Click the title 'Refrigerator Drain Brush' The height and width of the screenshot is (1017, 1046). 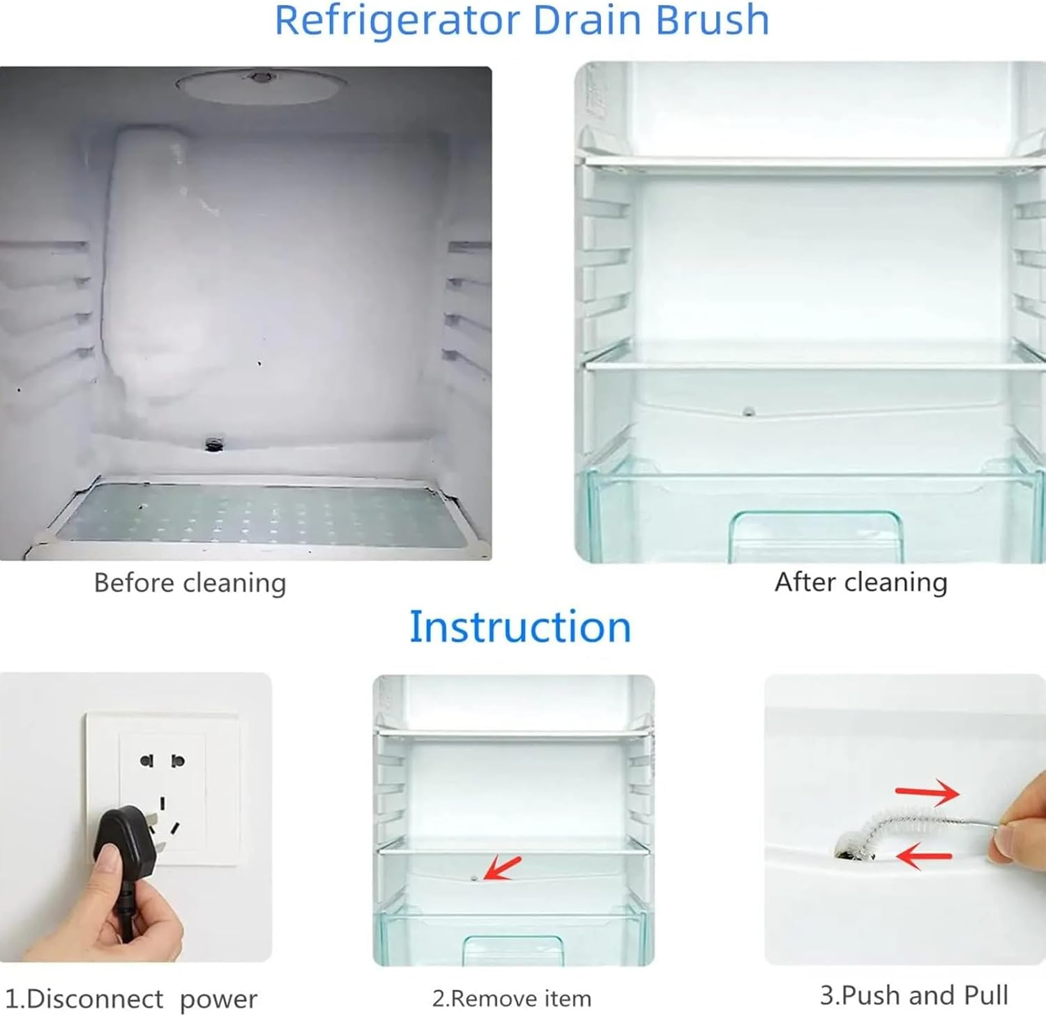522,20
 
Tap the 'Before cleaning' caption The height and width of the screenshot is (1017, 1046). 190,583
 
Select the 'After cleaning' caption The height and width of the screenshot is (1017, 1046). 861,582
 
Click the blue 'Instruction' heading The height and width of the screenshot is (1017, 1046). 520,626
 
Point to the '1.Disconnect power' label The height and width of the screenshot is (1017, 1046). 130,999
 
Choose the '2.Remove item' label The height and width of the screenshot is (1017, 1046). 512,998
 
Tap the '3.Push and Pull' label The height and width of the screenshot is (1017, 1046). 914,995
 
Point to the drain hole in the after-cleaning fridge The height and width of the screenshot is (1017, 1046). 749,411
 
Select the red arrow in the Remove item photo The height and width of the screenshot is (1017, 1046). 502,867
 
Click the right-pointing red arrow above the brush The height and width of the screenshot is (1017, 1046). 927,792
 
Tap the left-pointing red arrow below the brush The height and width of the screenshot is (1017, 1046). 923,855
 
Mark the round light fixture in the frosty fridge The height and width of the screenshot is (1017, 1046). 261,85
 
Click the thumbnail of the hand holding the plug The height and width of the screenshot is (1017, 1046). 135,817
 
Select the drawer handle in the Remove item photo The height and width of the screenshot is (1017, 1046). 513,949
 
